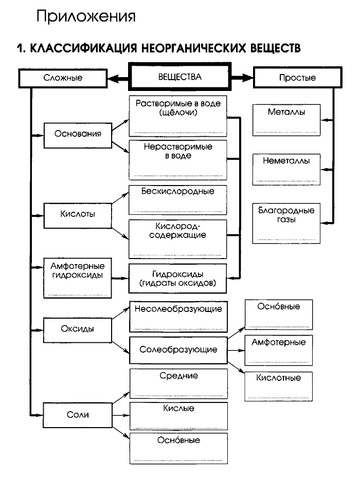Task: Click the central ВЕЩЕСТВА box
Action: point(179,77)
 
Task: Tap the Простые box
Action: point(297,78)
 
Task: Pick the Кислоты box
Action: point(78,214)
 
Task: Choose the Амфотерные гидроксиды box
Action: point(78,277)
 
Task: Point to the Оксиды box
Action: point(78,329)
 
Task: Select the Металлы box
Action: point(286,120)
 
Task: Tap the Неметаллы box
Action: point(286,169)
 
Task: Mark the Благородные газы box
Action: point(286,222)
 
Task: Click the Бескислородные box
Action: point(177,199)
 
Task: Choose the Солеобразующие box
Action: point(177,350)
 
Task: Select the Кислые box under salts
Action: point(177,415)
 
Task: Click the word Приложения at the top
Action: point(86,16)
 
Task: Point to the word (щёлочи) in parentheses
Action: point(178,113)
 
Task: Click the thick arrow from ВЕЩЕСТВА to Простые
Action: point(242,78)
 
